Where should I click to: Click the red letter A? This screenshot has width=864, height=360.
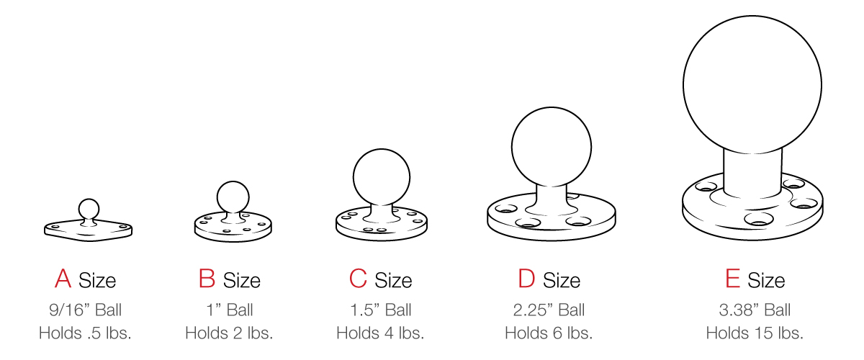[x=63, y=279]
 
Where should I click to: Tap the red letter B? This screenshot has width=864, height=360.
[x=207, y=279]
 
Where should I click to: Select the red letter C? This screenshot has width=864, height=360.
[x=358, y=279]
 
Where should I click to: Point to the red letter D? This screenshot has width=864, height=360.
[x=526, y=279]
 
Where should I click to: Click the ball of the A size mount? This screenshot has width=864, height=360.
[x=89, y=208]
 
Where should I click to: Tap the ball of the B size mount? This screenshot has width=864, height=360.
[x=233, y=196]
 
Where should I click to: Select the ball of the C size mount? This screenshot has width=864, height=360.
[x=382, y=176]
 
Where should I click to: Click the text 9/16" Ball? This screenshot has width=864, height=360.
[x=85, y=310]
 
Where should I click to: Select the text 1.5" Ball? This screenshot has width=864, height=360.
[x=380, y=310]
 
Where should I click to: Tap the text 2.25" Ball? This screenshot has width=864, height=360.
[x=549, y=310]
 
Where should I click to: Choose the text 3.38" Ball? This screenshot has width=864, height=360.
[x=755, y=310]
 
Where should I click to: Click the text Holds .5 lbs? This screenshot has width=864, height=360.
[x=85, y=333]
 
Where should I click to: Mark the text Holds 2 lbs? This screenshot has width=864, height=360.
[x=229, y=333]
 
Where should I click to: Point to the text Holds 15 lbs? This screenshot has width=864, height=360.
[x=755, y=333]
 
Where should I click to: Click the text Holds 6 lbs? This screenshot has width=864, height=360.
[x=549, y=333]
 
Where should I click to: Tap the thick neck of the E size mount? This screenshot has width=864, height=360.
[x=752, y=173]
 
